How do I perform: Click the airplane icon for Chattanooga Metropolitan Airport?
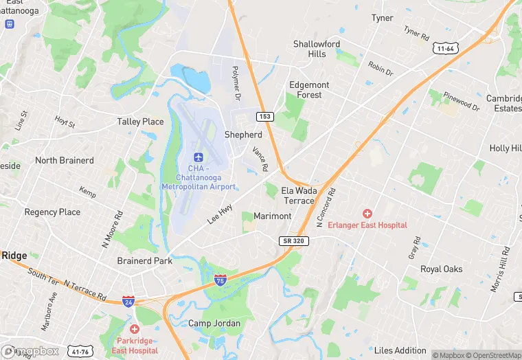pos(198,157)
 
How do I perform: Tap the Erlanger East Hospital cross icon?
pos(367,214)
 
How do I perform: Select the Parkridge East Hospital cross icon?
pos(134,330)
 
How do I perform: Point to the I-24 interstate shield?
pos(128,301)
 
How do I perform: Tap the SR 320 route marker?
pos(295,241)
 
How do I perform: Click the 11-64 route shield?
pos(445,49)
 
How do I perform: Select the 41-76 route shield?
pos(80,352)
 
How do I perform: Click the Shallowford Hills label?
pos(317,49)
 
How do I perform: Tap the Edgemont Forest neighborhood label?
pos(309,90)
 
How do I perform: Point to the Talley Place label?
pos(140,122)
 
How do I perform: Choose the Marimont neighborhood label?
pos(272,216)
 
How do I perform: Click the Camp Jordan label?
pos(214,323)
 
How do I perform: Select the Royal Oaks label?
pos(441,269)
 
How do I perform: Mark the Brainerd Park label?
pos(144,261)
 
